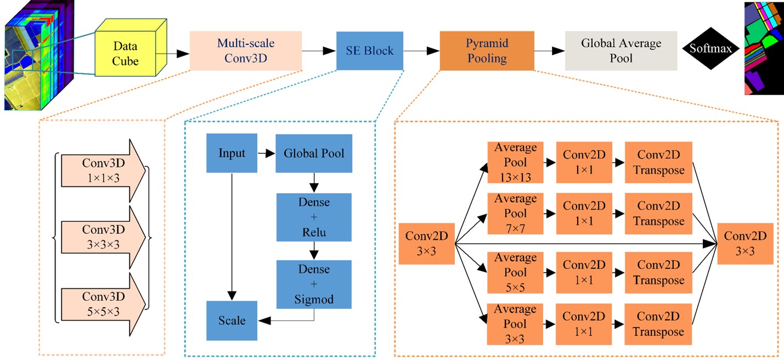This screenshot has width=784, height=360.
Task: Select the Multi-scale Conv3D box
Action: [246, 50]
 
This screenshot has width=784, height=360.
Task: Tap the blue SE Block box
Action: [369, 50]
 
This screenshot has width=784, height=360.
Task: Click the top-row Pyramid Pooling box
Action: [487, 50]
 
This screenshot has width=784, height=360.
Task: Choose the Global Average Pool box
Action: [621, 50]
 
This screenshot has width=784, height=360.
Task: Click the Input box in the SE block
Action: [232, 154]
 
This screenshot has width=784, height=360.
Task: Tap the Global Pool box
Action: [314, 154]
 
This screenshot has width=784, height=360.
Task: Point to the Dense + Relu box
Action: [314, 217]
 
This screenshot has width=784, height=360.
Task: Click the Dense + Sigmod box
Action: [314, 284]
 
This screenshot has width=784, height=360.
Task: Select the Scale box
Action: [232, 320]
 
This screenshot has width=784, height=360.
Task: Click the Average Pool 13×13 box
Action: [515, 162]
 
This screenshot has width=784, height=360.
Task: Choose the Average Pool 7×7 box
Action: [515, 213]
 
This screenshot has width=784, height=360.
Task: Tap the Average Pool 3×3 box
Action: [515, 324]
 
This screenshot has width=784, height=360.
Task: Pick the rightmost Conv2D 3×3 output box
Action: [746, 243]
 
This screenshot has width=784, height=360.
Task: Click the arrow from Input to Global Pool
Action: [267, 154]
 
